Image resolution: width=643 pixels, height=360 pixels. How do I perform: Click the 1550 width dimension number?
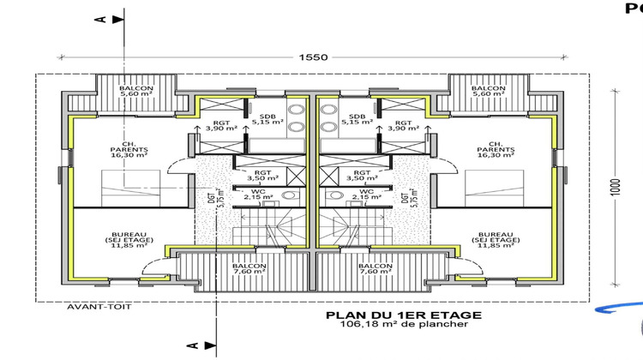pos(313,57)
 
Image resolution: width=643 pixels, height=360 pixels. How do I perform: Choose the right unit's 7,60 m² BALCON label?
pos(374,270)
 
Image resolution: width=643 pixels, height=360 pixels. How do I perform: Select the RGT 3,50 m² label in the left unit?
pos(258,174)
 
